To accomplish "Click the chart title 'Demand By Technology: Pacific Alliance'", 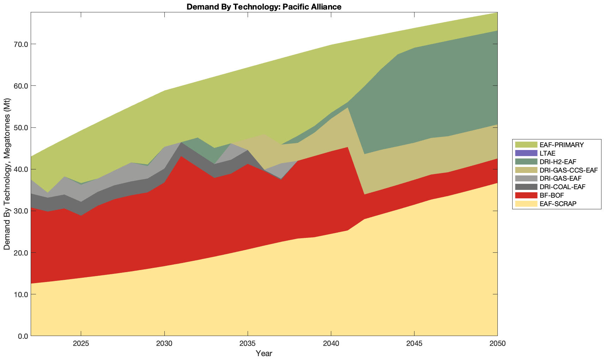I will tap(264, 6).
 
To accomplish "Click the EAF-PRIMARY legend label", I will tap(562, 145).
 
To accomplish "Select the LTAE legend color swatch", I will tap(526, 153).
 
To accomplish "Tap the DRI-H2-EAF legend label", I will tap(558, 162).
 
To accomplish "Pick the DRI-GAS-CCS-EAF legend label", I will tap(569, 170).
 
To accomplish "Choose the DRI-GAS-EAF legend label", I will tap(561, 179).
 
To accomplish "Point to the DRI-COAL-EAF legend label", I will tap(562, 187).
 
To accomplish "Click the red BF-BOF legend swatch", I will tap(526, 195).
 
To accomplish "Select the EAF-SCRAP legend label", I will tap(558, 204).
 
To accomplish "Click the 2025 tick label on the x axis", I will tap(81, 344).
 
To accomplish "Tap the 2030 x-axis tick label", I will tap(164, 344).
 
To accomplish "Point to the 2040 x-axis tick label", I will tap(331, 344).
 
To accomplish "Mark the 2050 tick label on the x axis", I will tap(497, 344).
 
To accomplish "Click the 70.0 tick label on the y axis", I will tap(21, 44).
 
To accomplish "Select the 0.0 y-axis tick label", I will tap(23, 336).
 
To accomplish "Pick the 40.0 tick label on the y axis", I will tap(21, 169).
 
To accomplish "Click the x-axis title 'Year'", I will tap(264, 353).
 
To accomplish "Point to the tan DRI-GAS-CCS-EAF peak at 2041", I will tap(348, 109).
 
